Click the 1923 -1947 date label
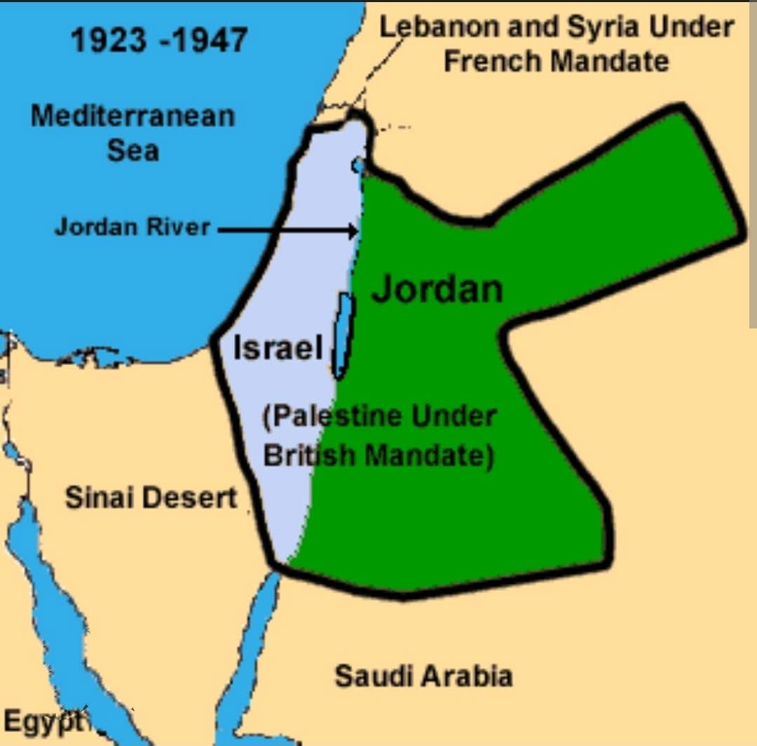point(159,40)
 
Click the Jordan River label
point(132,227)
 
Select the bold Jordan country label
point(437,288)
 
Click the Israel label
point(278,347)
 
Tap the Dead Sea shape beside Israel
point(343,334)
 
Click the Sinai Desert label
point(151,498)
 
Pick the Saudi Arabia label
point(423,677)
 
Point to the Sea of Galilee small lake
point(358,165)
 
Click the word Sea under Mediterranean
point(132,149)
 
